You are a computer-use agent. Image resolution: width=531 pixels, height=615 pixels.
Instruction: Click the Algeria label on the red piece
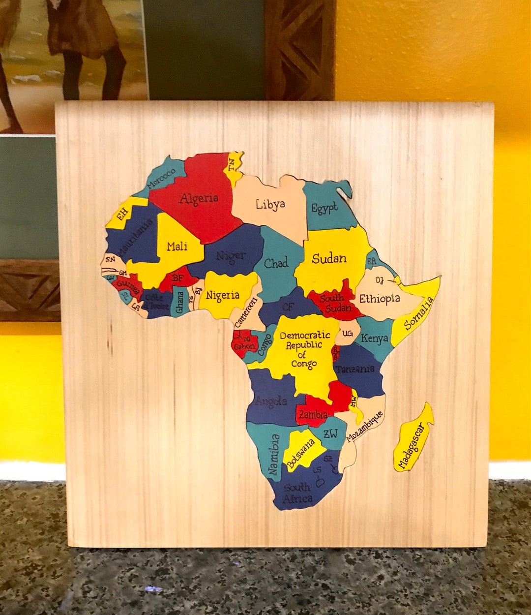(199, 199)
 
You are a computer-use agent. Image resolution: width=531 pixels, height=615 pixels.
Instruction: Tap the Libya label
(270, 204)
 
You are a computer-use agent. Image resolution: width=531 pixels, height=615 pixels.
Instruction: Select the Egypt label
(324, 208)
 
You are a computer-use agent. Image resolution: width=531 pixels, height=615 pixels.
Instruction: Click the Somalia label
(419, 313)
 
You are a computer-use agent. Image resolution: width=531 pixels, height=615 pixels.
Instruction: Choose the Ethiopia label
(379, 299)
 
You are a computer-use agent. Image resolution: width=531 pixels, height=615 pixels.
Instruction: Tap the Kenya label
(374, 338)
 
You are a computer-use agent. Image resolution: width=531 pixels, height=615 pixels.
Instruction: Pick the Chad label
(276, 263)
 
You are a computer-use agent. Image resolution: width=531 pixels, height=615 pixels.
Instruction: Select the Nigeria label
(222, 295)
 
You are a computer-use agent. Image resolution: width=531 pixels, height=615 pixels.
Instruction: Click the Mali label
(177, 246)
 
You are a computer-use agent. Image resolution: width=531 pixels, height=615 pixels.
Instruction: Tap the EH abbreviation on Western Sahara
(122, 213)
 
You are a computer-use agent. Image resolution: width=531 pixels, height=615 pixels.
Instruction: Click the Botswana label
(301, 453)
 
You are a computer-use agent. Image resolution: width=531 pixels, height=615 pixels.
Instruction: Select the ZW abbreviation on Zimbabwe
(330, 433)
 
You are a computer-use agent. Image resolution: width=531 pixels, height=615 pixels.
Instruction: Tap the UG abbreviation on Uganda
(347, 334)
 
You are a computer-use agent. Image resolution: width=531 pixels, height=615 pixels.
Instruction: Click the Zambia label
(313, 415)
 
